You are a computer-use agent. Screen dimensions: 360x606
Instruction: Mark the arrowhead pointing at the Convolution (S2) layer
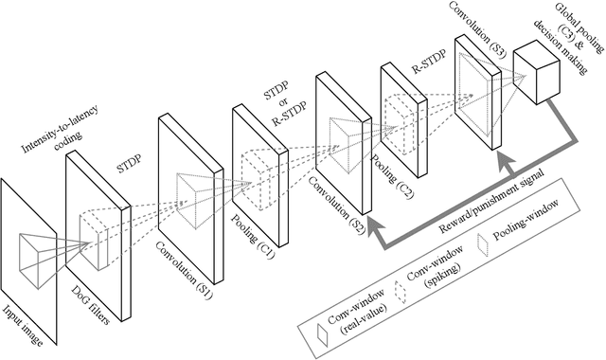(371, 225)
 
